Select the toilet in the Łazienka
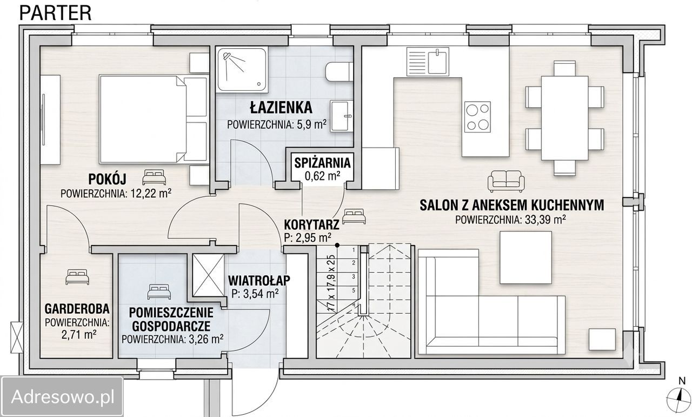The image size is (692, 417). (339, 72)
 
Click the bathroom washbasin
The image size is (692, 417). (341, 116)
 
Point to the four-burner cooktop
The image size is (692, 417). (477, 117)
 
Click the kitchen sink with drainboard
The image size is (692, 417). (428, 61)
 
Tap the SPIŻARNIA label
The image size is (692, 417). (322, 163)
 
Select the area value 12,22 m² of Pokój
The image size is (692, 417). (151, 194)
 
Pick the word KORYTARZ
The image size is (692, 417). (311, 224)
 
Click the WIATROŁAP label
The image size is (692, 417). (259, 280)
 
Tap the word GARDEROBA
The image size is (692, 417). (77, 308)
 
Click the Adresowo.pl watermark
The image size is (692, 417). (63, 396)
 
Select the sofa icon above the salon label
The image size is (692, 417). (506, 181)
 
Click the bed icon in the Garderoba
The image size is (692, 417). (77, 277)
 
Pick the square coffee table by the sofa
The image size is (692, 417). (526, 257)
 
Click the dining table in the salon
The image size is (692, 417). (565, 118)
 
